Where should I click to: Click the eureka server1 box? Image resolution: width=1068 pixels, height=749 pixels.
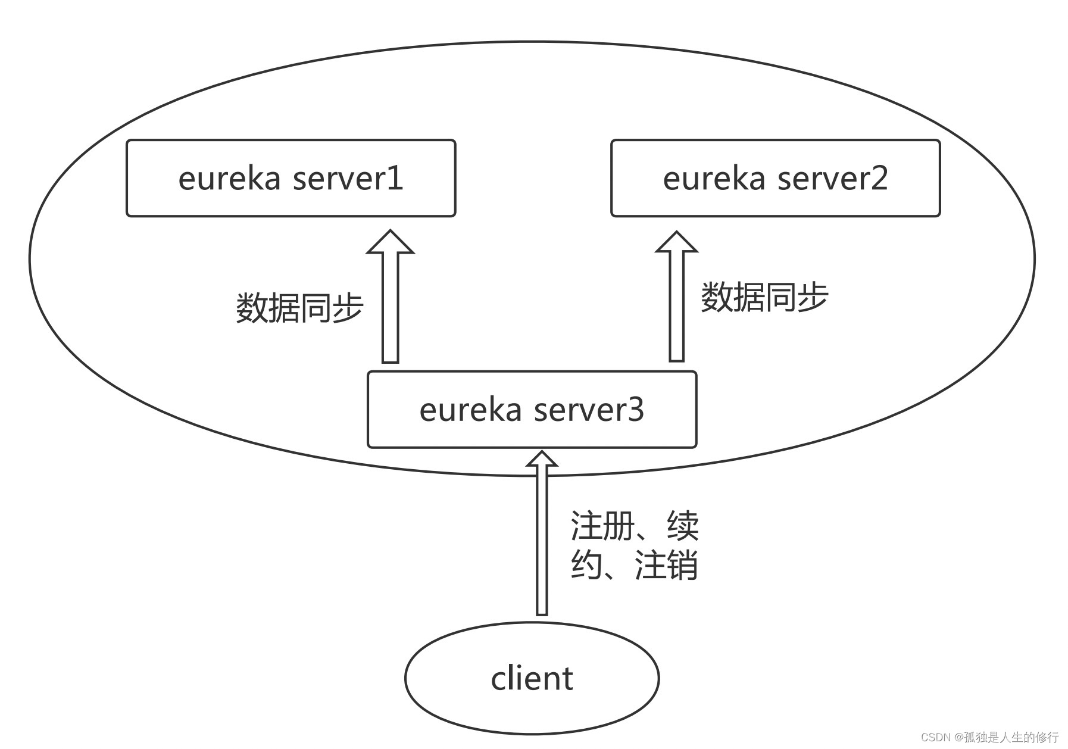coord(291,178)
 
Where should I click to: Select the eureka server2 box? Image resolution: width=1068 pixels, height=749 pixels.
coord(775,178)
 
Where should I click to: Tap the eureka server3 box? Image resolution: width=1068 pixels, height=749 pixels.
coord(532,410)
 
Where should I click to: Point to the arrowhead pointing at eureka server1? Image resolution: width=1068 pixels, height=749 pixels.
coord(390,242)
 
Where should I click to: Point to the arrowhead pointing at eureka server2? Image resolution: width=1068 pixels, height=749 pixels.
coord(676,242)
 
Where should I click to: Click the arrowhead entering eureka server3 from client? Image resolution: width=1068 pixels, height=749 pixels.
coord(542,460)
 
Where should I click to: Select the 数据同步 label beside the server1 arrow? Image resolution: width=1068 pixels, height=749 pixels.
coord(299,308)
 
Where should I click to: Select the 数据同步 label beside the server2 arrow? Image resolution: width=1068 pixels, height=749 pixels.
coord(764,297)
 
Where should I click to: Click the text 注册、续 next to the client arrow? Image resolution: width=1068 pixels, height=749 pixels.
coord(634,525)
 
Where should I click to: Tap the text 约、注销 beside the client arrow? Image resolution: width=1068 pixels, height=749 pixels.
coord(634,564)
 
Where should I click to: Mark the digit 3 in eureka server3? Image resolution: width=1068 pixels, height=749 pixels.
coord(635,410)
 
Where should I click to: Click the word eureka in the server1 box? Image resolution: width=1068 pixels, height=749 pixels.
coord(229,178)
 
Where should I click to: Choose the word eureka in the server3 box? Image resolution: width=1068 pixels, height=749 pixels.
coord(470,410)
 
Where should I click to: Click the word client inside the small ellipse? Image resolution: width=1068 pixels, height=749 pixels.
coord(532,678)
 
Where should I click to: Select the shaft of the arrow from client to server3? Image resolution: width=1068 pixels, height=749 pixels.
coord(542,548)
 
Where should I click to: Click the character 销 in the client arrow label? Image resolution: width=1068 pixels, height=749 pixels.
coord(682,564)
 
